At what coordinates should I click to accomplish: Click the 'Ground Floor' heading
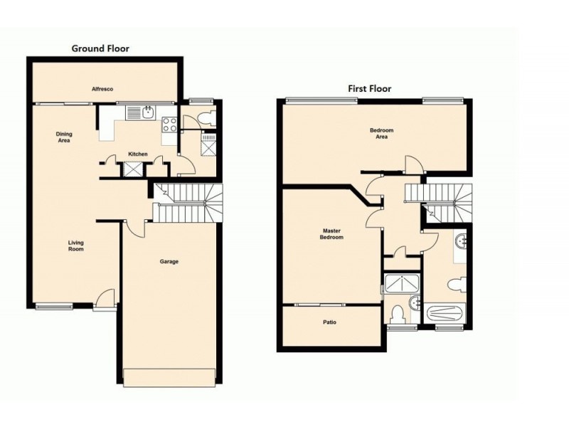[100, 48]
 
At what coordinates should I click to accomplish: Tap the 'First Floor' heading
[369, 89]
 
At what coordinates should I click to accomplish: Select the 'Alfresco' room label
[102, 89]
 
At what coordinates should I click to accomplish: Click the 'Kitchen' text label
[137, 154]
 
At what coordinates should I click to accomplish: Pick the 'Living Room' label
[76, 246]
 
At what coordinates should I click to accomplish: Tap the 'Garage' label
[169, 262]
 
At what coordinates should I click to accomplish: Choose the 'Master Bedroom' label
[332, 233]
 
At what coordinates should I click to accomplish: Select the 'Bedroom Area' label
[381, 134]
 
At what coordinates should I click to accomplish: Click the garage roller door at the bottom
[169, 377]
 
